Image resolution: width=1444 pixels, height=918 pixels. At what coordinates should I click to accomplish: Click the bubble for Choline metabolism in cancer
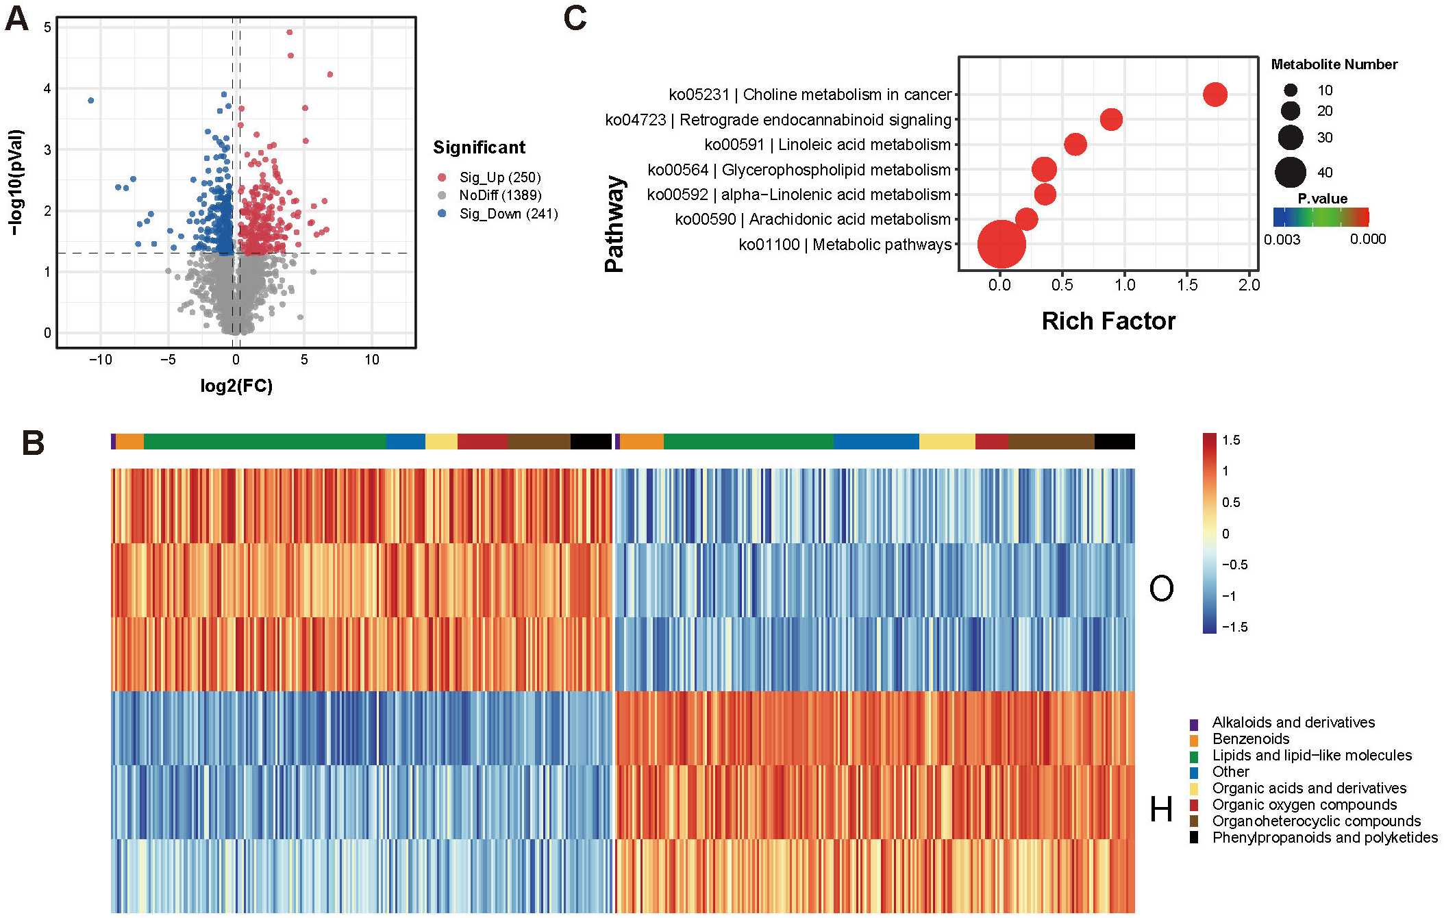(x=1215, y=95)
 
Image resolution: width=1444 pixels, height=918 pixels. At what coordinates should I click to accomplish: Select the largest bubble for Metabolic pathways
(x=1001, y=244)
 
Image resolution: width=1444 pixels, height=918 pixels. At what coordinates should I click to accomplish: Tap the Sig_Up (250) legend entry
(x=499, y=177)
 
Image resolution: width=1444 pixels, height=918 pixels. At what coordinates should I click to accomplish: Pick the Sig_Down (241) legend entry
(x=508, y=214)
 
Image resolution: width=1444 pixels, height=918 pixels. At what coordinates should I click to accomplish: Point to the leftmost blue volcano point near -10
(x=91, y=101)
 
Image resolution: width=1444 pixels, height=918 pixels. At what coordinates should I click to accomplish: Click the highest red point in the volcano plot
(x=290, y=32)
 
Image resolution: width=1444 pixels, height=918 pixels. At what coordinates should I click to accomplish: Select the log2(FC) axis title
(x=236, y=386)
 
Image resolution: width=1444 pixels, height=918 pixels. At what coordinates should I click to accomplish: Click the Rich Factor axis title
(x=1108, y=321)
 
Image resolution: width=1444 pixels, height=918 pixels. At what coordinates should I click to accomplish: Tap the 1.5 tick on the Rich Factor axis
(x=1186, y=285)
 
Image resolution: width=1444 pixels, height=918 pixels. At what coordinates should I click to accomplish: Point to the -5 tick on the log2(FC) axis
(x=168, y=360)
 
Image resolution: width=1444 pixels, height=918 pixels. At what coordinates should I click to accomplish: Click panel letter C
(x=575, y=18)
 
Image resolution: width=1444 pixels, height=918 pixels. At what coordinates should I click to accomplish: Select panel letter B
(x=33, y=443)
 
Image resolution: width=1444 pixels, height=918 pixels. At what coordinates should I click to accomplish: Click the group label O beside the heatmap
(x=1161, y=588)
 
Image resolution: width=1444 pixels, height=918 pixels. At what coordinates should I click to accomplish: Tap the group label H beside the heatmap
(x=1161, y=809)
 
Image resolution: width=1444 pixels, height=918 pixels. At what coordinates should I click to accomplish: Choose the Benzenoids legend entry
(x=1250, y=739)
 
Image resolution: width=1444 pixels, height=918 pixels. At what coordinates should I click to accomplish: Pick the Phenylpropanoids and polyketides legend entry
(x=1324, y=837)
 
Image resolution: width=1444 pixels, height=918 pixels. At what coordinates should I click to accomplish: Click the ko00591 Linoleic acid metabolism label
(x=827, y=145)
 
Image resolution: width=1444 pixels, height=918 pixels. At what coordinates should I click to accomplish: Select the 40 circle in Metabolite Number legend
(x=1290, y=172)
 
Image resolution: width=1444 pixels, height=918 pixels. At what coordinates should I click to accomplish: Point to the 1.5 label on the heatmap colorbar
(x=1230, y=441)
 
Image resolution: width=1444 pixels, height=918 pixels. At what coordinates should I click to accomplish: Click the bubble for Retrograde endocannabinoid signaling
(x=1111, y=119)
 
